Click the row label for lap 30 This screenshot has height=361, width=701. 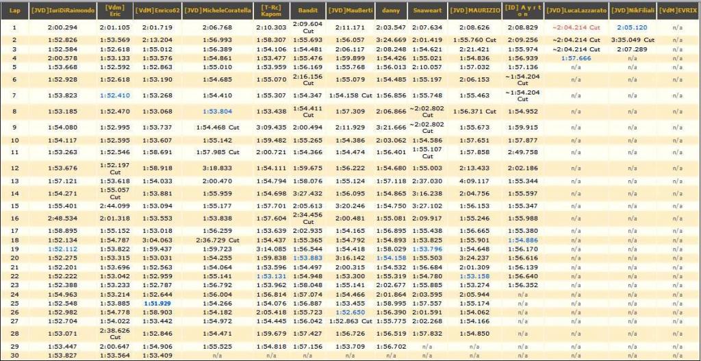pos(14,356)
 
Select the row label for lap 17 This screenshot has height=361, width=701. pos(14,231)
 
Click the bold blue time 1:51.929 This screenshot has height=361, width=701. pos(157,303)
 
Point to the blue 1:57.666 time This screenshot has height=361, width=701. pos(576,58)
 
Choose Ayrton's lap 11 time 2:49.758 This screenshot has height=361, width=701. pos(522,152)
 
